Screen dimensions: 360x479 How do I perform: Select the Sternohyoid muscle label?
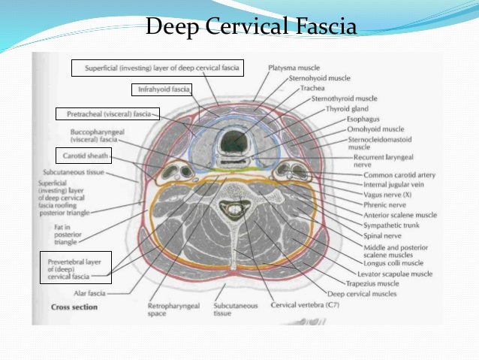pyautogui.click(x=309, y=77)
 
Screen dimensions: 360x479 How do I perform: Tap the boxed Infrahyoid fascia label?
pyautogui.click(x=161, y=89)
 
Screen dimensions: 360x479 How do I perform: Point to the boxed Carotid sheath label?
pyautogui.click(x=83, y=156)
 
